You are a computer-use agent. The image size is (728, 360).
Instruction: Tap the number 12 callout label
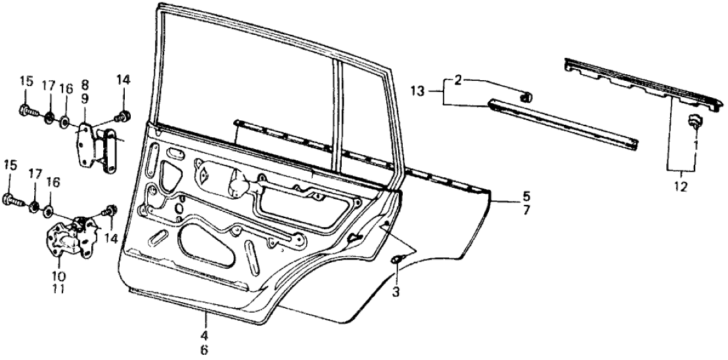point(680,187)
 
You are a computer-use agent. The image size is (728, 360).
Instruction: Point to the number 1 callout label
point(694,143)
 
